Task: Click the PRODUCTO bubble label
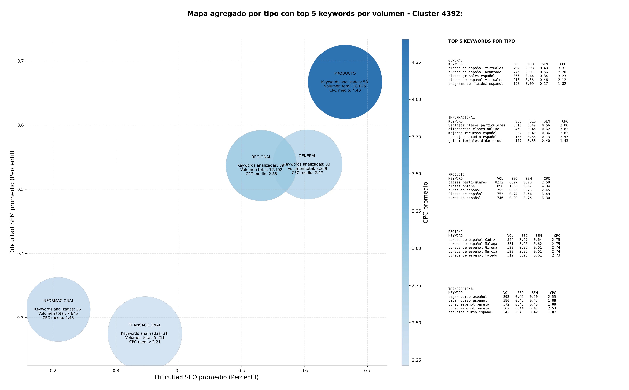[345, 73]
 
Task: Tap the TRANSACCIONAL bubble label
[145, 325]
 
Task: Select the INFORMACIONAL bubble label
[58, 301]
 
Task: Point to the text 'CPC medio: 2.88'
[261, 174]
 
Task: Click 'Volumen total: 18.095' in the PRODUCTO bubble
[345, 86]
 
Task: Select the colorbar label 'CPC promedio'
[426, 202]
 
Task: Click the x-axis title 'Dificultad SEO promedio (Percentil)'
[207, 377]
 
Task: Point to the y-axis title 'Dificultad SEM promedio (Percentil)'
[12, 202]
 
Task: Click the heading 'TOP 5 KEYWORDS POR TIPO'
[481, 41]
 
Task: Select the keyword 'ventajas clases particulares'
[477, 125]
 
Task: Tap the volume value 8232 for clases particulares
[499, 182]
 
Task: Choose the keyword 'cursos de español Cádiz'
[472, 240]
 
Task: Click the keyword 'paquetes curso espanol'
[471, 312]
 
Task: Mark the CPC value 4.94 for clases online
[546, 186]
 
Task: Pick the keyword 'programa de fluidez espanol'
[476, 84]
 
